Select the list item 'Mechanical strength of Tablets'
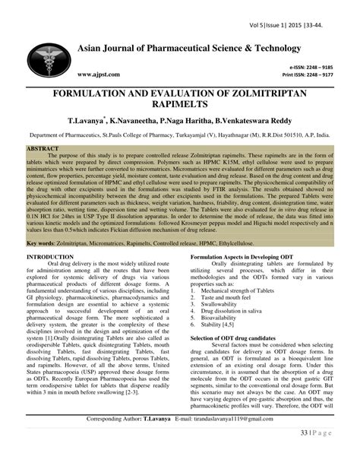(x=242, y=291)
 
